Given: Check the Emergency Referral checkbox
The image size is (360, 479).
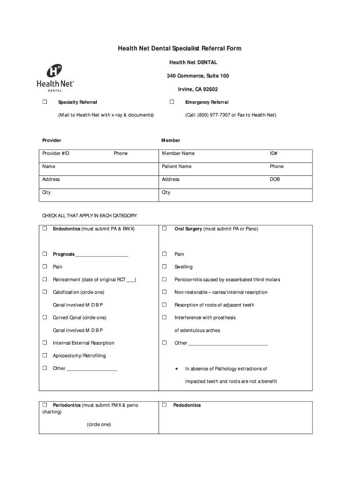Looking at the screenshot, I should (x=172, y=102).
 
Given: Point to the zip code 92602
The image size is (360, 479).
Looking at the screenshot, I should (x=210, y=89).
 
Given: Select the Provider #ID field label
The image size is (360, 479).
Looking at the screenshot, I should (x=56, y=153).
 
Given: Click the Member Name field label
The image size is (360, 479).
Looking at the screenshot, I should (x=178, y=153).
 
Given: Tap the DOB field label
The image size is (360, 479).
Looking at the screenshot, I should (x=274, y=180).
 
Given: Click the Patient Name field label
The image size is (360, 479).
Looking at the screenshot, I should (x=177, y=167).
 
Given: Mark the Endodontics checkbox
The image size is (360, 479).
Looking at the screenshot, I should (x=45, y=229).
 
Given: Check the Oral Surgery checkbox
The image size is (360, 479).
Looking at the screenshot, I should (x=165, y=229).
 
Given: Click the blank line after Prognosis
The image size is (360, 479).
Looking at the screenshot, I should (x=101, y=255).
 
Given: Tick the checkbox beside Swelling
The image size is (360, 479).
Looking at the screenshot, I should (x=165, y=267).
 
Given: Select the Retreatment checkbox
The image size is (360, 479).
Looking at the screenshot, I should (x=45, y=279).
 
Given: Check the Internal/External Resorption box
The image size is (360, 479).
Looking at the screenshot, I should (x=45, y=343).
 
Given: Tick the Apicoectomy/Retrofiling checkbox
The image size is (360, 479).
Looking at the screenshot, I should (x=45, y=356).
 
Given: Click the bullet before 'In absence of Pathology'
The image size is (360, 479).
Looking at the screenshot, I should (x=176, y=369).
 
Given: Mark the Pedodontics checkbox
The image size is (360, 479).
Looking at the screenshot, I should (x=165, y=405).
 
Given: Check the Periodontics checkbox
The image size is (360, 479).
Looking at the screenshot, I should (x=45, y=405).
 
